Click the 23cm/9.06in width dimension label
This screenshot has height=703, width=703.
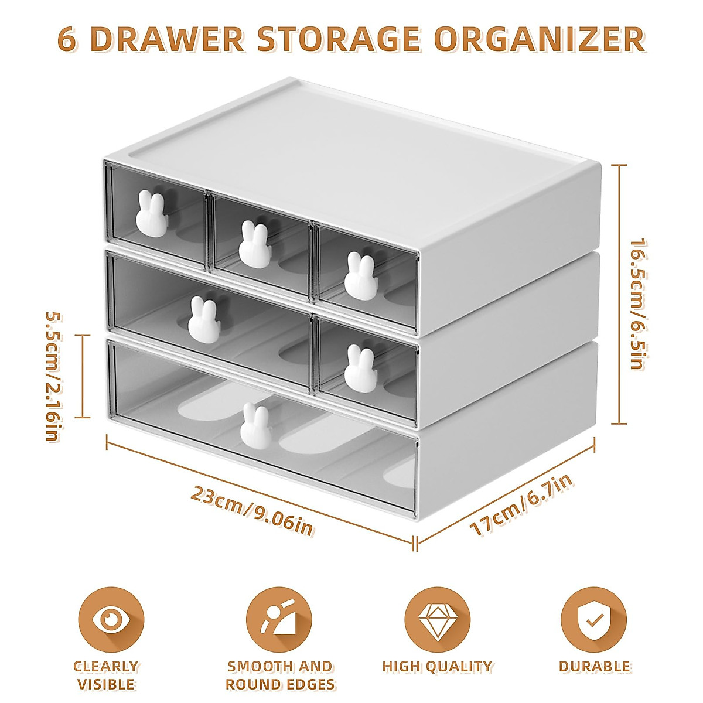point(252,511)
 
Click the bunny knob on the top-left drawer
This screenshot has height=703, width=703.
point(152,214)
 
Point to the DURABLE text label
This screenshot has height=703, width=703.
point(594,666)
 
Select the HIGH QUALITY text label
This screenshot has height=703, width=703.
point(437,666)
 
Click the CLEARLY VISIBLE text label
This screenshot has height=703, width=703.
point(105,675)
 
